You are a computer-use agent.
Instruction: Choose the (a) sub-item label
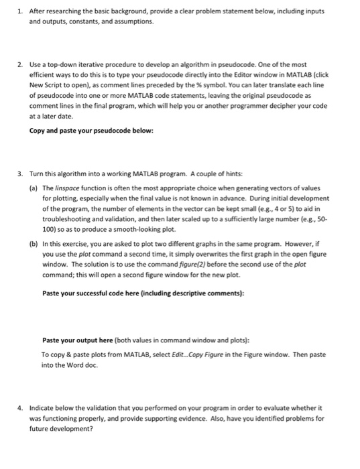pos(33,189)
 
